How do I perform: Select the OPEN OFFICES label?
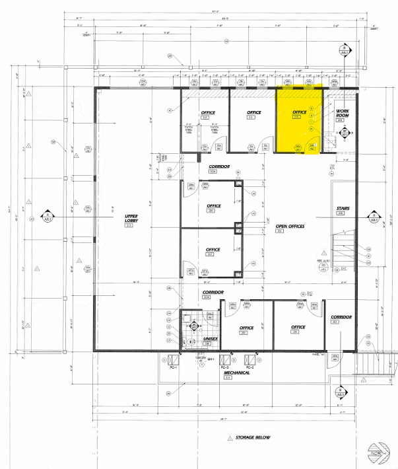point(289,226)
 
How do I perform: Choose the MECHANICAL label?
point(236,373)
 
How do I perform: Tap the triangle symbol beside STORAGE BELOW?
point(230,437)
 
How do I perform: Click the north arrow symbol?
point(379,452)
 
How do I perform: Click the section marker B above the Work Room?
point(343,50)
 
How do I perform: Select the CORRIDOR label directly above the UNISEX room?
point(213,292)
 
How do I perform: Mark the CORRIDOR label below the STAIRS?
point(341,317)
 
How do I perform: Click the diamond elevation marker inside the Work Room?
point(344,133)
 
